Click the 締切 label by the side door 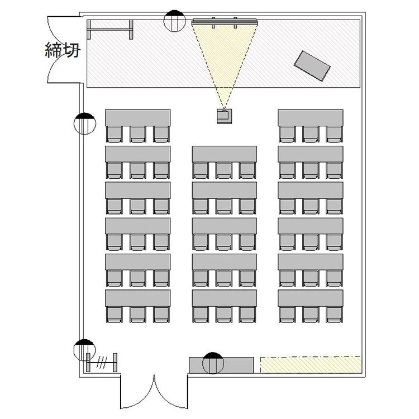(x=63, y=50)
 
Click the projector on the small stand (x=224, y=116)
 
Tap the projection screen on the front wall (x=225, y=22)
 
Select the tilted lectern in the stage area (x=312, y=66)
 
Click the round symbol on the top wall (x=174, y=21)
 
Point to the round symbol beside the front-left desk (x=85, y=123)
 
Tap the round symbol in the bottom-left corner (x=84, y=350)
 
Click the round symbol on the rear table (x=213, y=363)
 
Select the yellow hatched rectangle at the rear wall (x=311, y=364)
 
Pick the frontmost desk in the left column (x=137, y=117)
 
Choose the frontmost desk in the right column (x=311, y=117)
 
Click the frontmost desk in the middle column (x=225, y=154)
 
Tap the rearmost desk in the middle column (x=225, y=298)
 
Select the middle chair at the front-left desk (x=138, y=134)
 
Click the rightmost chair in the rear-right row (x=334, y=314)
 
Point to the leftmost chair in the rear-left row (x=115, y=314)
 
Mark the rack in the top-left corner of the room (x=110, y=30)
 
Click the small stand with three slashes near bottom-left (x=102, y=363)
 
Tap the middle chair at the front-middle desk (x=224, y=170)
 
